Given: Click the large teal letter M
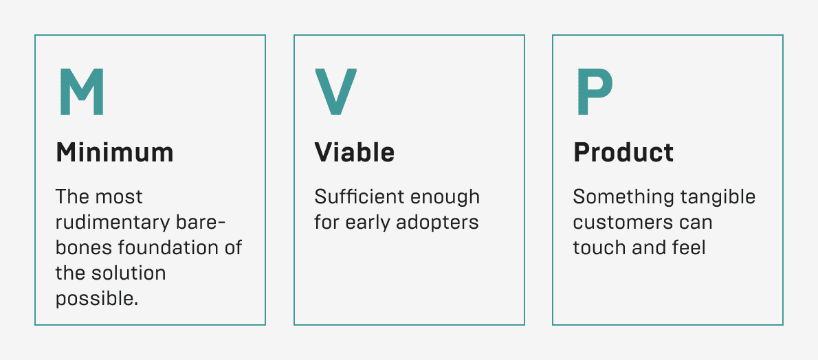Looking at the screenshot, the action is click(81, 92).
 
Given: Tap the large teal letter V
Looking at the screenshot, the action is click(336, 92).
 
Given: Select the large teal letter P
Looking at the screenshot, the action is click(594, 92).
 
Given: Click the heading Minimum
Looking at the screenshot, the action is click(115, 153).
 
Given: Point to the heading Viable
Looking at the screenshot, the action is click(354, 153).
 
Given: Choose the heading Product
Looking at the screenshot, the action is click(623, 153).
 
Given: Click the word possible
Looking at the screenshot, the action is click(97, 299).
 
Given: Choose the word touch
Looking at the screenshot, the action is click(599, 247).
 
